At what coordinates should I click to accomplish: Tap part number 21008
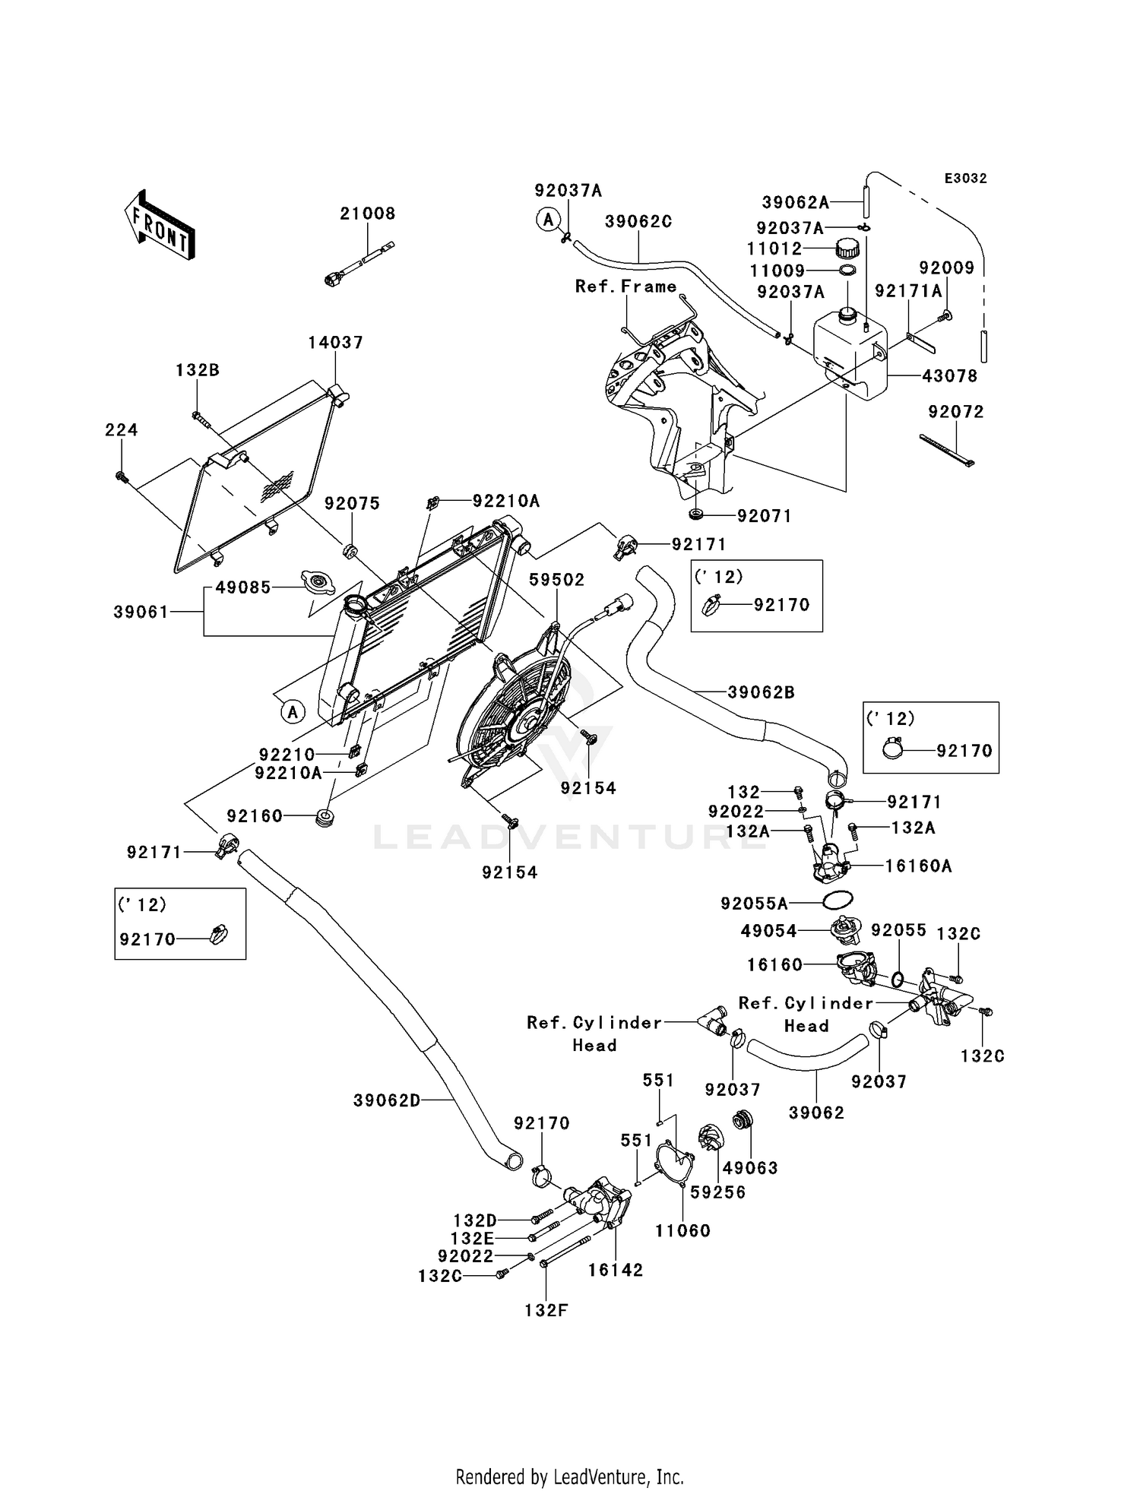coord(368,214)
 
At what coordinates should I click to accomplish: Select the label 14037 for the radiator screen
coord(335,343)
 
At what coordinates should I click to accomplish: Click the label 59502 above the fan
coord(557,580)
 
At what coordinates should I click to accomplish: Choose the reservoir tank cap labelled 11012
coord(847,248)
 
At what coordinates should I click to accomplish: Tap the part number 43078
coord(949,376)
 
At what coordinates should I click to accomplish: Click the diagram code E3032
coord(965,179)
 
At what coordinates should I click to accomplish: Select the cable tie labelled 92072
coord(947,449)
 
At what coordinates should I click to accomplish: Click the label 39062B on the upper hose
coord(761,692)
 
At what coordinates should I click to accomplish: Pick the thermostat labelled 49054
coord(844,929)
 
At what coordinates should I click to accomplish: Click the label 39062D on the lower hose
coord(387,1100)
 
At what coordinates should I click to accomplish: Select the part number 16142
coord(616,1270)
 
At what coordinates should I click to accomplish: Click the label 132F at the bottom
coord(546,1310)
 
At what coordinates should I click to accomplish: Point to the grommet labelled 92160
coord(325,819)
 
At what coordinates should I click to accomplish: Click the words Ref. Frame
coord(625,286)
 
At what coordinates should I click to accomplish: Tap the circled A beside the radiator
coord(293,712)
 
